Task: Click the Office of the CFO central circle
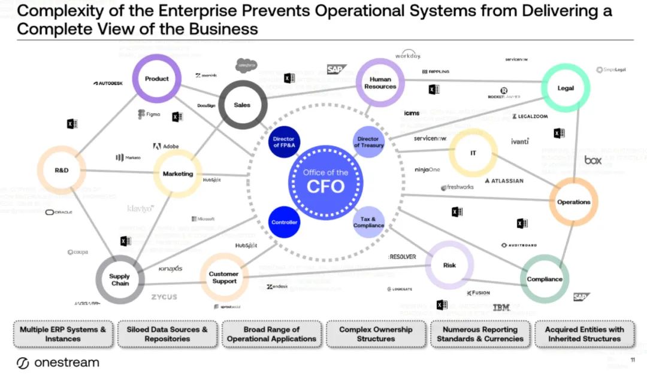[326, 180]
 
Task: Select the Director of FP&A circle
[283, 142]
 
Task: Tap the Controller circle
[284, 222]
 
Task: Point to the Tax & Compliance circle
[368, 222]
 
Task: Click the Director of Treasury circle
[368, 142]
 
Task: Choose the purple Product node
[157, 79]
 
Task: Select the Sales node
[242, 105]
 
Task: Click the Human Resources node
[380, 83]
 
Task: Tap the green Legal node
[565, 88]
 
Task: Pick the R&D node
[62, 171]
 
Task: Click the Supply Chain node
[120, 280]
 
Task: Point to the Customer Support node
[223, 278]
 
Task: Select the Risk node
[449, 265]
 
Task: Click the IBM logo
[501, 308]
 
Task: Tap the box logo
[592, 160]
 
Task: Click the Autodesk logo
[108, 83]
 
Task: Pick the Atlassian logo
[504, 181]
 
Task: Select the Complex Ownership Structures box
[376, 334]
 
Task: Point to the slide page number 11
[633, 360]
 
